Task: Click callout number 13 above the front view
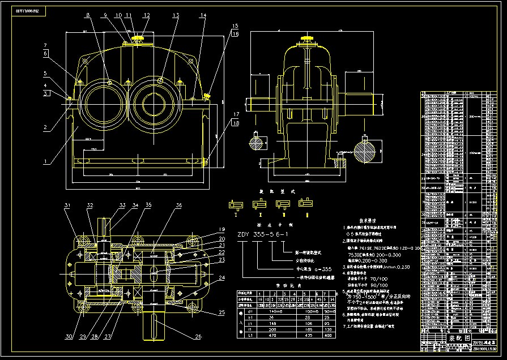(176, 15)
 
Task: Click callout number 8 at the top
(88, 15)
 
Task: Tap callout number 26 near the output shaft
(198, 338)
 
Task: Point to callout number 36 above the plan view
(178, 204)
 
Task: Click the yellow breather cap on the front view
(138, 38)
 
